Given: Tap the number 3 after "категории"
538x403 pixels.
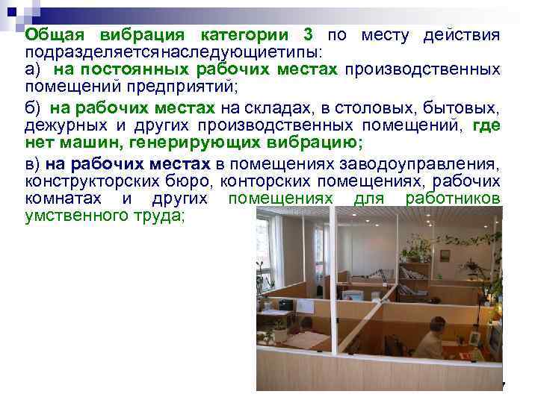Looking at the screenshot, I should tap(309, 36).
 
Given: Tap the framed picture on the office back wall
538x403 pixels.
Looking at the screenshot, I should tap(444, 255).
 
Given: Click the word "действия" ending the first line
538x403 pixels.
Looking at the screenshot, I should tap(462, 36).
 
